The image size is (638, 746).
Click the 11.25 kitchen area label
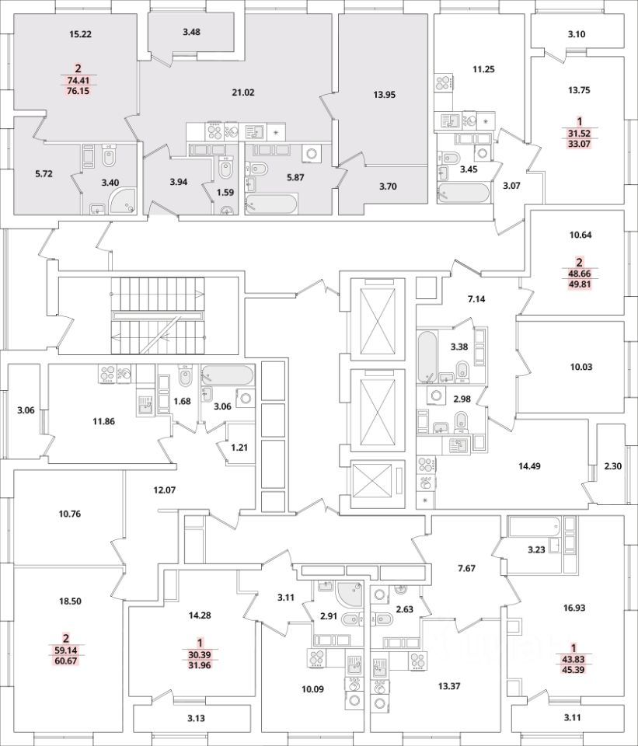tap(483, 69)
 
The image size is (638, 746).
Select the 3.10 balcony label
tap(576, 34)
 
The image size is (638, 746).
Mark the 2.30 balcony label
tap(613, 467)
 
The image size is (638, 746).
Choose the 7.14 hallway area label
tap(476, 298)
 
